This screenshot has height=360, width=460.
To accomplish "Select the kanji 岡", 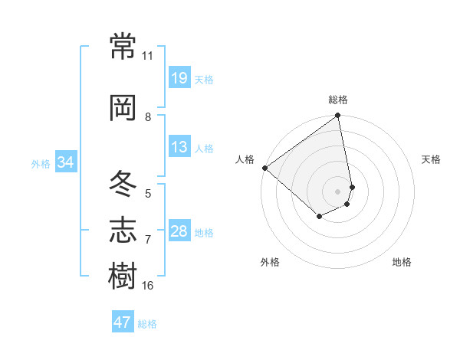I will (x=123, y=107).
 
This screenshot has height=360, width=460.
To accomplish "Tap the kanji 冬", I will (x=123, y=182).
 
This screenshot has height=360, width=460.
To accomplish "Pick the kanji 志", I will (x=123, y=229).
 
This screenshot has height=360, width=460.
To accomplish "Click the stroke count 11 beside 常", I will (x=148, y=56).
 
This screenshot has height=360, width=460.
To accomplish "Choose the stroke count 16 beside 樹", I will (x=148, y=286).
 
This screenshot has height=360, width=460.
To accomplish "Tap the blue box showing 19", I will (x=179, y=78).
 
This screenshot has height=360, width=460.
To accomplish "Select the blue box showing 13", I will (x=179, y=147).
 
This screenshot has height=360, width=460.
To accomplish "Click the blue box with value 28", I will (x=179, y=231).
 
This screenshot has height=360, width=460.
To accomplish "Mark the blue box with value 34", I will (x=65, y=162).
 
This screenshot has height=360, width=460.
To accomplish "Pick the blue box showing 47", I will (x=123, y=322).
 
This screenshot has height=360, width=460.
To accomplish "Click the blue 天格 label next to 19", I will (x=204, y=80).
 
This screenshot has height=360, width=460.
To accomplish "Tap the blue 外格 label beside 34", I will (x=41, y=164).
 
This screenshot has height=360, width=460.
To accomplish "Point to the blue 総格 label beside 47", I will (x=147, y=324).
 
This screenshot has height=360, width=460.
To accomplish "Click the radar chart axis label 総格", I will (x=338, y=100).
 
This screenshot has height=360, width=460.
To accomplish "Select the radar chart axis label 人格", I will (x=245, y=159).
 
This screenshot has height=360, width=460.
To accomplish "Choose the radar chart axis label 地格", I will (x=402, y=262).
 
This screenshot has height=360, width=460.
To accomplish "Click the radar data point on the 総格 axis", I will (x=338, y=116).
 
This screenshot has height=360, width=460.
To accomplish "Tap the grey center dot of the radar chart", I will (x=338, y=190).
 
